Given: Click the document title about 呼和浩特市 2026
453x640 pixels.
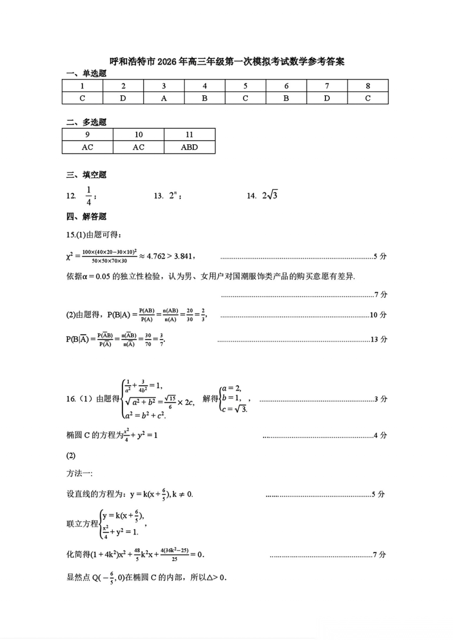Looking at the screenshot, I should [227, 62].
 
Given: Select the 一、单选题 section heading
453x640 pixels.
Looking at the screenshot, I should [86, 74].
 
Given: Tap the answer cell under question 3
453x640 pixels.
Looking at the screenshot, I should [164, 98].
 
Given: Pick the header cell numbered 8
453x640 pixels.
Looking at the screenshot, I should [368, 86].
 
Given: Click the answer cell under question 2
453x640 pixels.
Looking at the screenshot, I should [123, 98].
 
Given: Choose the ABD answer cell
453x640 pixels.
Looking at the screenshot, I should [189, 147].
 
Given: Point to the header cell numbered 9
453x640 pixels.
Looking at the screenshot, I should [87, 135].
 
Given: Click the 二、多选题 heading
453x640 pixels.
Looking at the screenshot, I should [86, 122].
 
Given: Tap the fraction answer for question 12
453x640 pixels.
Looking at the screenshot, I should [89, 196].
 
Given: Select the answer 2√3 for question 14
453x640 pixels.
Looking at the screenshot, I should [270, 195].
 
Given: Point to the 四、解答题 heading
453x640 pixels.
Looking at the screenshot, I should [86, 217].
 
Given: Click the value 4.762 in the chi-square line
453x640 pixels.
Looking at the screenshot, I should [156, 256].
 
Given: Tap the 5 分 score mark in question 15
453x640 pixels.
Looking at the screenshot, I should [380, 256].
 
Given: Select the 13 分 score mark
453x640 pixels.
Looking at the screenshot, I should [378, 339].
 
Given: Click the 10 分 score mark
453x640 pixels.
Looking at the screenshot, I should [378, 315].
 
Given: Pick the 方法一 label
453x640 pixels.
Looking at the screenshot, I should [79, 473].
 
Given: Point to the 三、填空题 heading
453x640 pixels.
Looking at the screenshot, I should [86, 175].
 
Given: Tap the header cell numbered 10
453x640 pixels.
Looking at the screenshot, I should [138, 135].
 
